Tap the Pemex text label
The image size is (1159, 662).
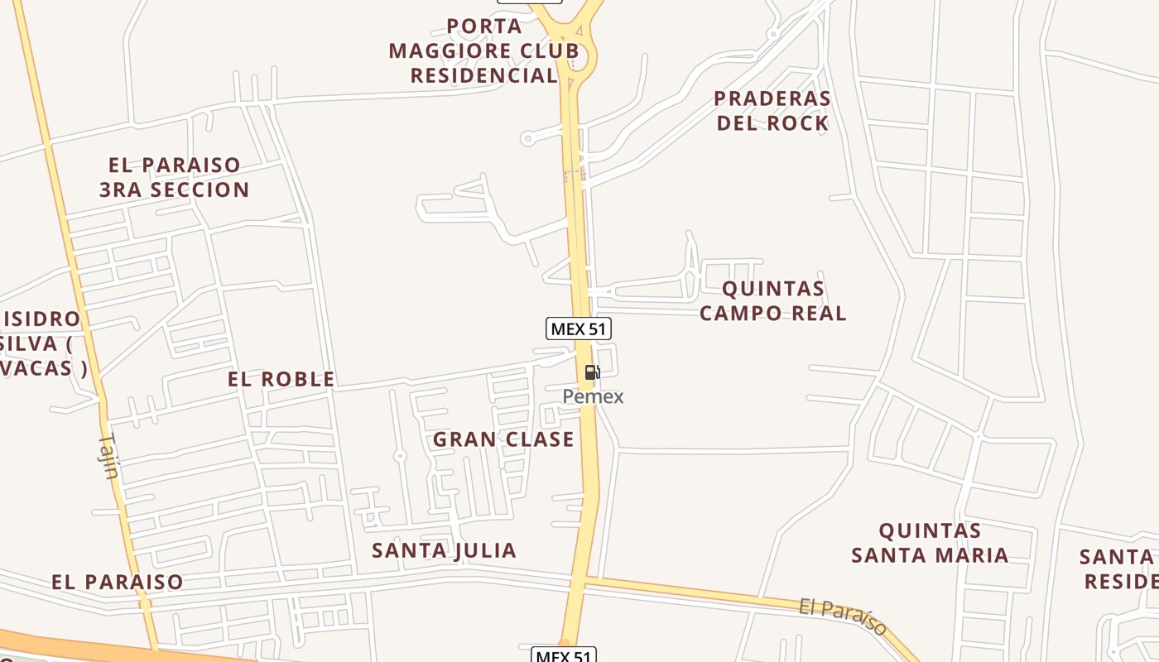pos(593,396)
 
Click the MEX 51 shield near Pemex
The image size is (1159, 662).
pos(579,329)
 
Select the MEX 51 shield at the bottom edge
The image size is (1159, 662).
pos(563,655)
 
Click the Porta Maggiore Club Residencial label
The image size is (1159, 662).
pos(484,50)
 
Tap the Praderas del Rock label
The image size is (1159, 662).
pos(772,110)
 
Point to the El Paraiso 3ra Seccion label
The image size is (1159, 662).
pos(174,177)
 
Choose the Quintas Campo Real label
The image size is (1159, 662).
pos(772,300)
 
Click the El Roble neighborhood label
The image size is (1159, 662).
pos(281,379)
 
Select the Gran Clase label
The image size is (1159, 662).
pos(503,439)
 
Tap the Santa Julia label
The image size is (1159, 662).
pos(444,550)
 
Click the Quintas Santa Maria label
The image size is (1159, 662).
pos(930,542)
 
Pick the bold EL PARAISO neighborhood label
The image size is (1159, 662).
pos(117,582)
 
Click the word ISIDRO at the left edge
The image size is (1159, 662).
pos(41,319)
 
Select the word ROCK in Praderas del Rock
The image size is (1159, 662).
pos(797,123)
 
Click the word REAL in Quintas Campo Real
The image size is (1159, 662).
pos(817,313)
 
